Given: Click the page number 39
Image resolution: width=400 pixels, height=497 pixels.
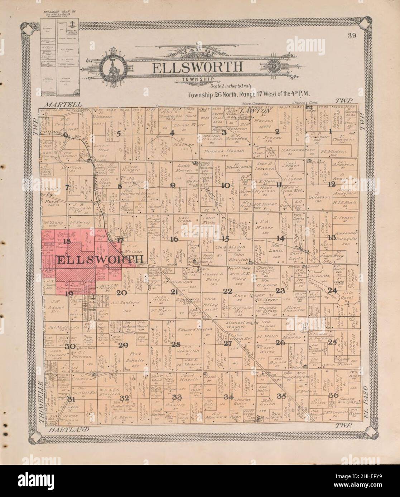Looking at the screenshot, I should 350,35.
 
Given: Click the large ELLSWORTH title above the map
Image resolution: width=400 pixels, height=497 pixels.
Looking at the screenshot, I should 198,67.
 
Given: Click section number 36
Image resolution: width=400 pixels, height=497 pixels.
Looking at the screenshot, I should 333,395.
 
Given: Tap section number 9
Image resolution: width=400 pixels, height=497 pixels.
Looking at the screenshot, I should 173,185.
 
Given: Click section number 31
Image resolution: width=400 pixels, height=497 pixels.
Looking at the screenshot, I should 72,399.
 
